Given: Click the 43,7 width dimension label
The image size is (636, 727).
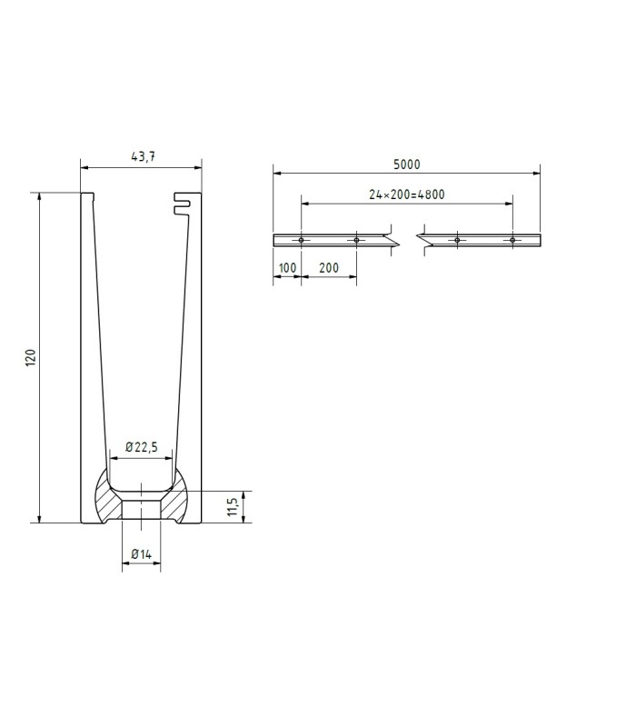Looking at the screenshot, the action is click(144, 156).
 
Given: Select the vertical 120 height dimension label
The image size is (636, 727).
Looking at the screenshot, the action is click(30, 358).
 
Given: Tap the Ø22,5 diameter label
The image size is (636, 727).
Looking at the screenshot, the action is click(142, 447).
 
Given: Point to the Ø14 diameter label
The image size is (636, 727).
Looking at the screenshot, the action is click(142, 553).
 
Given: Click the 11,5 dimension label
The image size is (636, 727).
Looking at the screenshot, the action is click(233, 506).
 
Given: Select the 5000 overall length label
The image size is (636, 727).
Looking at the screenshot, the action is click(406, 164).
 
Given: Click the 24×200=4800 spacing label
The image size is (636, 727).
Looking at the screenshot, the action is click(406, 194).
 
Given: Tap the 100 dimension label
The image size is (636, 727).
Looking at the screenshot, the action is click(287, 268).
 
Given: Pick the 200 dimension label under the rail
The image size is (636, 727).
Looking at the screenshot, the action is click(329, 267).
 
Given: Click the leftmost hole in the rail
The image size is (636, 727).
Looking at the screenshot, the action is click(301, 240).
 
